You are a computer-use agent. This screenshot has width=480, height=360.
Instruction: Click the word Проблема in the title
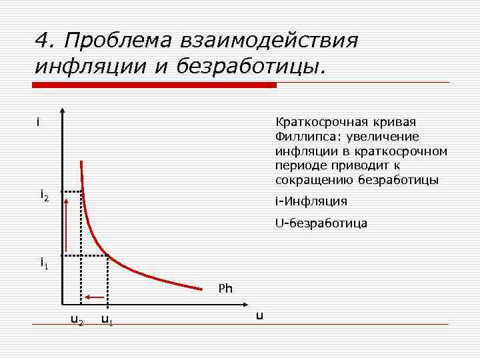click(x=119, y=41)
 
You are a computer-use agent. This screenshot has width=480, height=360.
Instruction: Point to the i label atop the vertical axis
click(x=39, y=123)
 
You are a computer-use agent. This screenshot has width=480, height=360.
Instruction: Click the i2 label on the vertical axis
click(x=44, y=195)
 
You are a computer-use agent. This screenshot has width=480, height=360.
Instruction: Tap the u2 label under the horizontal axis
click(x=77, y=320)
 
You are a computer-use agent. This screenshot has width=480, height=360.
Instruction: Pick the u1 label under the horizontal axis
click(x=107, y=320)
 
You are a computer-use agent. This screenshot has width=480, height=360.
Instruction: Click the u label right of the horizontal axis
click(x=259, y=315)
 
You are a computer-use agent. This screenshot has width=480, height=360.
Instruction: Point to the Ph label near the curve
click(x=225, y=289)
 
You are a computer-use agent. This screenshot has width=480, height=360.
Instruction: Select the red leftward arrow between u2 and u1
click(x=94, y=297)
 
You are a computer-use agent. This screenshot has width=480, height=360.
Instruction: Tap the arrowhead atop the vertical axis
click(x=62, y=112)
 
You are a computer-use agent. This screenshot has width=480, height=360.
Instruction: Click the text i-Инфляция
click(x=311, y=201)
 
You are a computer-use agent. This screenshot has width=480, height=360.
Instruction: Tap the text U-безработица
click(x=321, y=223)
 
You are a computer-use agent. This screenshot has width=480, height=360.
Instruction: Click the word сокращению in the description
click(x=314, y=181)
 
